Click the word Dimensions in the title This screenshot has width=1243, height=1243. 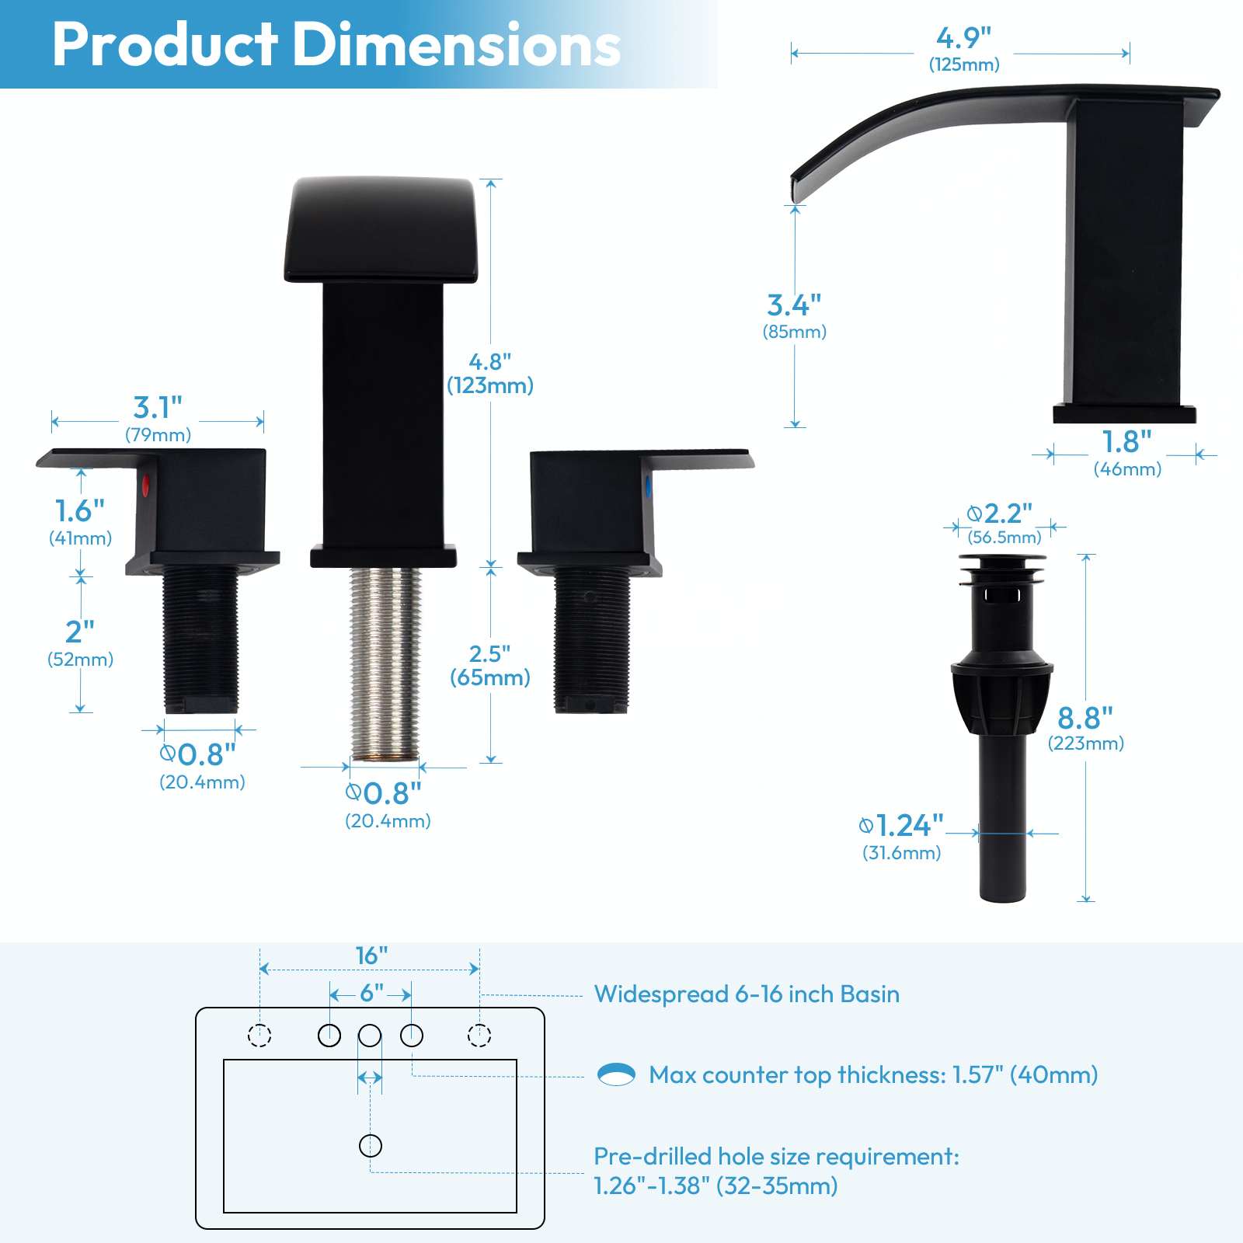(456, 45)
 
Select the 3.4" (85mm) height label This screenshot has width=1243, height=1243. (794, 315)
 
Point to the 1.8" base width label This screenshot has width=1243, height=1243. (1126, 451)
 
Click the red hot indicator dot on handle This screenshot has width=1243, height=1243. (145, 487)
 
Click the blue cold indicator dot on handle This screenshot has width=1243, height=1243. (648, 487)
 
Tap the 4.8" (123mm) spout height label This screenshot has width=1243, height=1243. (489, 373)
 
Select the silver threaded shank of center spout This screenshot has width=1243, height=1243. (385, 660)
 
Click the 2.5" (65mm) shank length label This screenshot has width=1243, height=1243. (489, 665)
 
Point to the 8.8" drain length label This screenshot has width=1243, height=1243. (1085, 727)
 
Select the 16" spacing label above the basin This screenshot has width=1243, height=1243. (371, 956)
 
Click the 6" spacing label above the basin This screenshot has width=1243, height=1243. (371, 994)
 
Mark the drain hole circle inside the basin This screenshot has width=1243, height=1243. (371, 1145)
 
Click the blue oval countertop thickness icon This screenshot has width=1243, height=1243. (616, 1074)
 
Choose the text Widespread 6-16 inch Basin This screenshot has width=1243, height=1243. (746, 994)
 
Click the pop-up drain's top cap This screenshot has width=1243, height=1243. (1002, 560)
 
